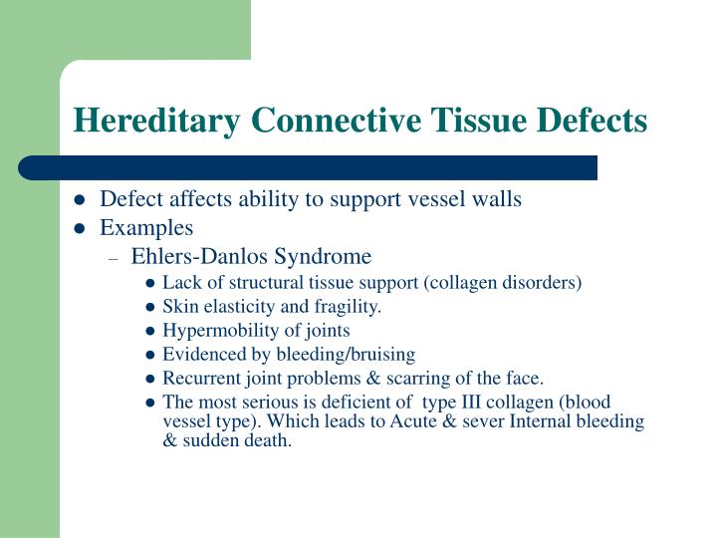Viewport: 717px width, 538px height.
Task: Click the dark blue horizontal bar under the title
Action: coord(308,167)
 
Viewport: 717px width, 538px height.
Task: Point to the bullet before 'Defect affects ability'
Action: coord(81,200)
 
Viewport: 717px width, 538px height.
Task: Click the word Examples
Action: coord(146,228)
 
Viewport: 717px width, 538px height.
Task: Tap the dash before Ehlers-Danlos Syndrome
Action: coord(116,257)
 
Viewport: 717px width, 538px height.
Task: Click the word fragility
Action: coord(349,306)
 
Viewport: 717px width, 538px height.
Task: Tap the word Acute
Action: coord(443,421)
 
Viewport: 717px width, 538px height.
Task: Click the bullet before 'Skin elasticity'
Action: coord(149,307)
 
